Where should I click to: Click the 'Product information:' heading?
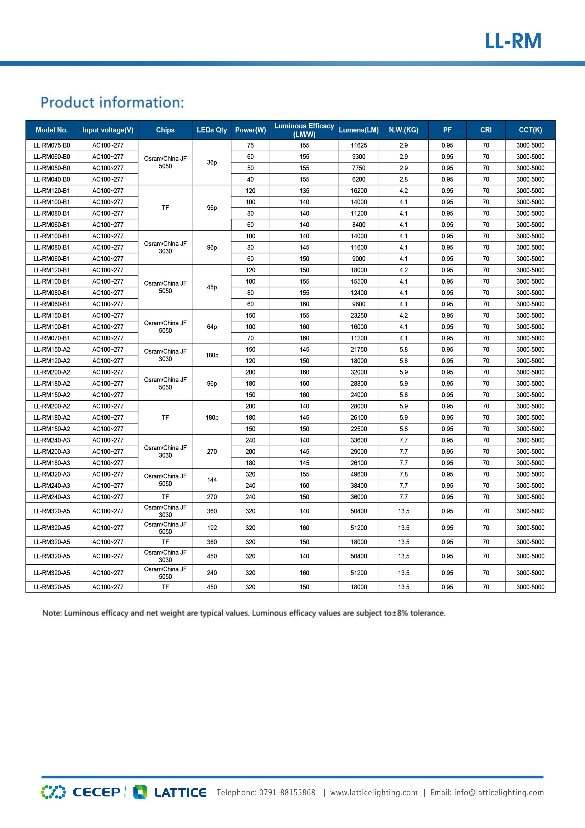112,102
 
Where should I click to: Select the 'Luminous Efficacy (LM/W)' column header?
304,130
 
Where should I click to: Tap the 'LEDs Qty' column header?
212,130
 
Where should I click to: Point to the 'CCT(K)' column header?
530,130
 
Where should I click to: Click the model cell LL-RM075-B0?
52,145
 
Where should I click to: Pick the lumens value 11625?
359,145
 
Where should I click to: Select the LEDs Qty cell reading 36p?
212,162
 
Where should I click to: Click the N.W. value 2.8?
403,179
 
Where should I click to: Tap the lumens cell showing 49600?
359,474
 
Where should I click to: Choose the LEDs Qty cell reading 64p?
212,327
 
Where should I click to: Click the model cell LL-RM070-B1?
52,338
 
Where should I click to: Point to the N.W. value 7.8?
403,474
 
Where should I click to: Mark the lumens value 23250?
359,316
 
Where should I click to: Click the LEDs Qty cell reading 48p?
212,287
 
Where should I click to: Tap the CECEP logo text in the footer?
97,792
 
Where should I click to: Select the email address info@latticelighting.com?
499,793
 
